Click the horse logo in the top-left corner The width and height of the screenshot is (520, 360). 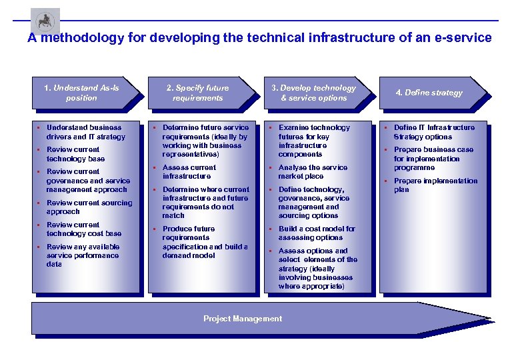tap(45, 21)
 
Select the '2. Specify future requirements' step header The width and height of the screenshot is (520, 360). tap(197, 93)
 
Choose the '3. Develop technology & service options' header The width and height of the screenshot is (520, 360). tap(313, 93)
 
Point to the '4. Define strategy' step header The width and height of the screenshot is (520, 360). tap(429, 93)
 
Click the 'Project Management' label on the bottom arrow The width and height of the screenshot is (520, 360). tap(242, 319)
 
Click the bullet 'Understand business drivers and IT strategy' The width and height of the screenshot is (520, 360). tap(85, 132)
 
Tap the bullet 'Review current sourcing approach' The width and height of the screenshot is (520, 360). tap(89, 207)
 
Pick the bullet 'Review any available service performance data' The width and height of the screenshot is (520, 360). tap(83, 255)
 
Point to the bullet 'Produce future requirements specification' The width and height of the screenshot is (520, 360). tap(204, 242)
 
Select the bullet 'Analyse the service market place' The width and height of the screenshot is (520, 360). tap(312, 172)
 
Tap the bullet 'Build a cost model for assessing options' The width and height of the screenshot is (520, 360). tap(317, 233)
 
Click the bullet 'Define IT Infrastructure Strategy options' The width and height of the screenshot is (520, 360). tap(434, 132)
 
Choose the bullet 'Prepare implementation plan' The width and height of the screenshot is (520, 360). tap(435, 185)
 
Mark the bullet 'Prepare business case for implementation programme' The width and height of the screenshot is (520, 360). tap(433, 159)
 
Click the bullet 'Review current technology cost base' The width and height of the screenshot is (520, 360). tap(83, 229)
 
